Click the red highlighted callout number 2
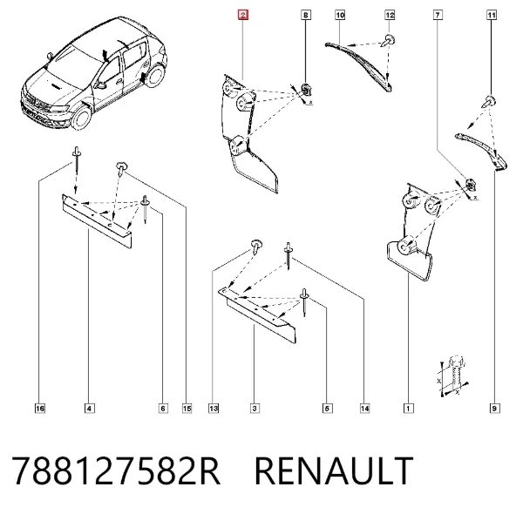click(243, 15)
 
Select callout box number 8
click(306, 15)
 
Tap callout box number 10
click(340, 15)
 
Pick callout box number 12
click(390, 15)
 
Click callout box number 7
click(438, 15)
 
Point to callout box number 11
click(492, 15)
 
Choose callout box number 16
click(40, 409)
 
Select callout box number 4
click(89, 409)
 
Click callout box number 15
click(187, 409)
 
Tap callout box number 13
click(214, 409)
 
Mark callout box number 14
click(365, 409)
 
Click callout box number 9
click(494, 409)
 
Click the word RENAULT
click(334, 470)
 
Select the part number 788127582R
click(116, 470)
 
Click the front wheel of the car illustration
click(81, 118)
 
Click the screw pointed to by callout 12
click(389, 41)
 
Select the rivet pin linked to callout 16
click(77, 158)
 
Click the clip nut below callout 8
click(306, 89)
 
